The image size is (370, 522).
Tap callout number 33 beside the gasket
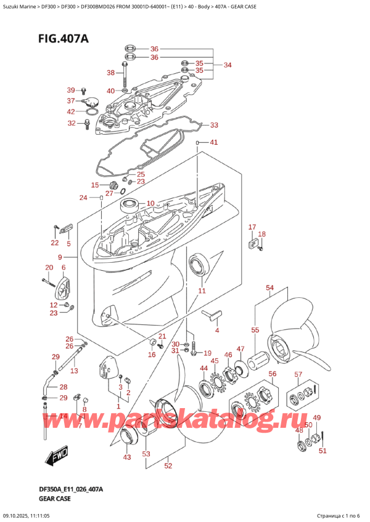[x=213, y=126]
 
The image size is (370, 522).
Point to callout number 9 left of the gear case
[x=60, y=257]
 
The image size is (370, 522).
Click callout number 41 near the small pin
[x=214, y=143]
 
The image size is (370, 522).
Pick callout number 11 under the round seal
[x=201, y=291]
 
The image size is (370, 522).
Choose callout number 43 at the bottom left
[x=127, y=457]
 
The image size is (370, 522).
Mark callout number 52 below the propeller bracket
[x=168, y=466]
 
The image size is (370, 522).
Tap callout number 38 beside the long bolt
[x=110, y=73]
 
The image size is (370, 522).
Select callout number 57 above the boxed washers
[x=298, y=374]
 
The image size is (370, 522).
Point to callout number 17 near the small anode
[x=252, y=228]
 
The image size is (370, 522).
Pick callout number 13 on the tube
[x=74, y=371]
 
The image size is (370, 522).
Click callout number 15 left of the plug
[x=95, y=185]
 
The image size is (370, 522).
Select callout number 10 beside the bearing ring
[x=150, y=203]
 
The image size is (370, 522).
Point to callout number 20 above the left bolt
[x=49, y=267]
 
